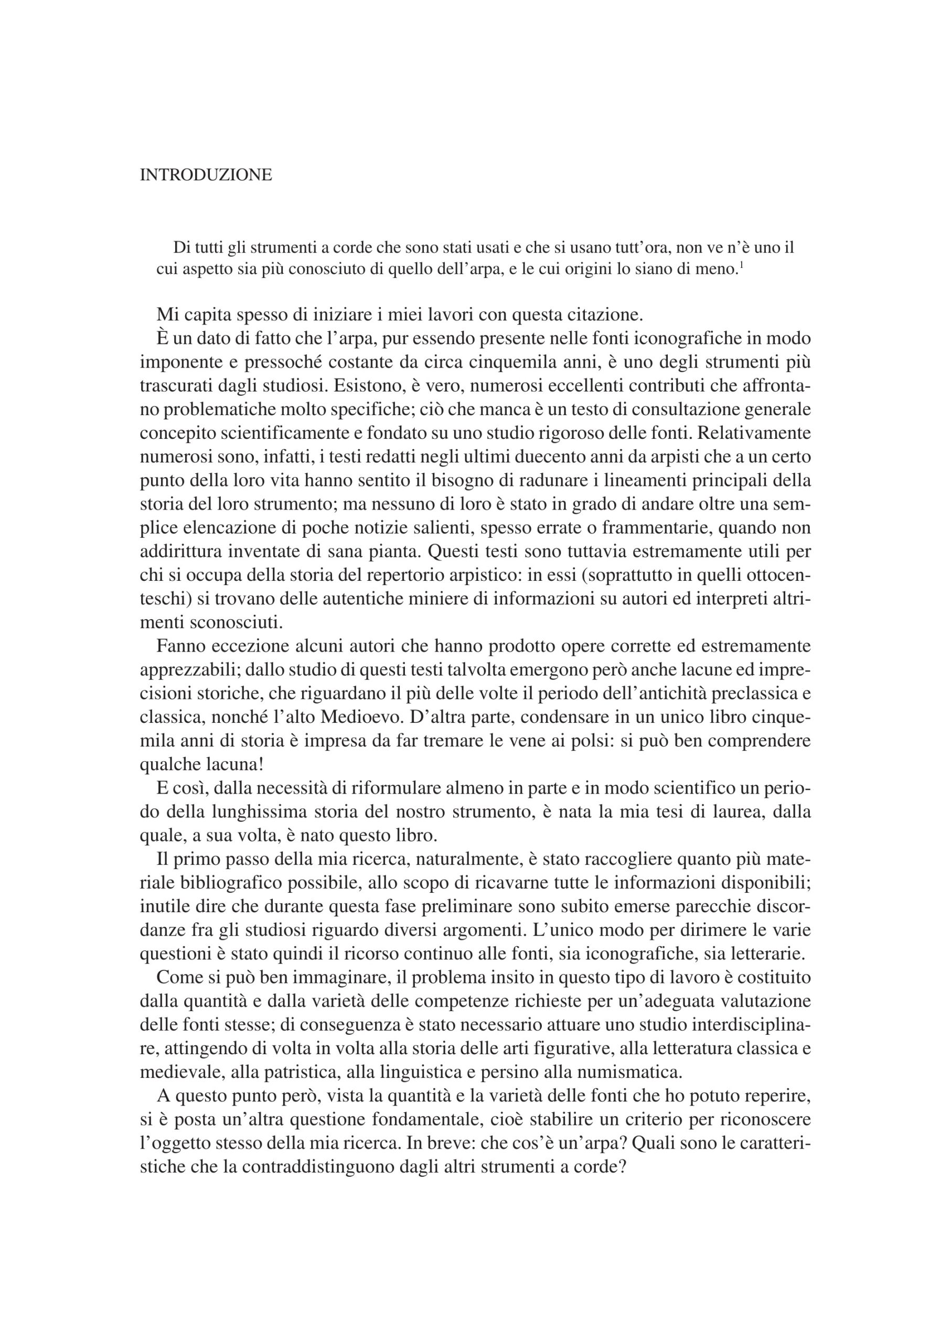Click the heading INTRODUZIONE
tap(206, 175)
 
